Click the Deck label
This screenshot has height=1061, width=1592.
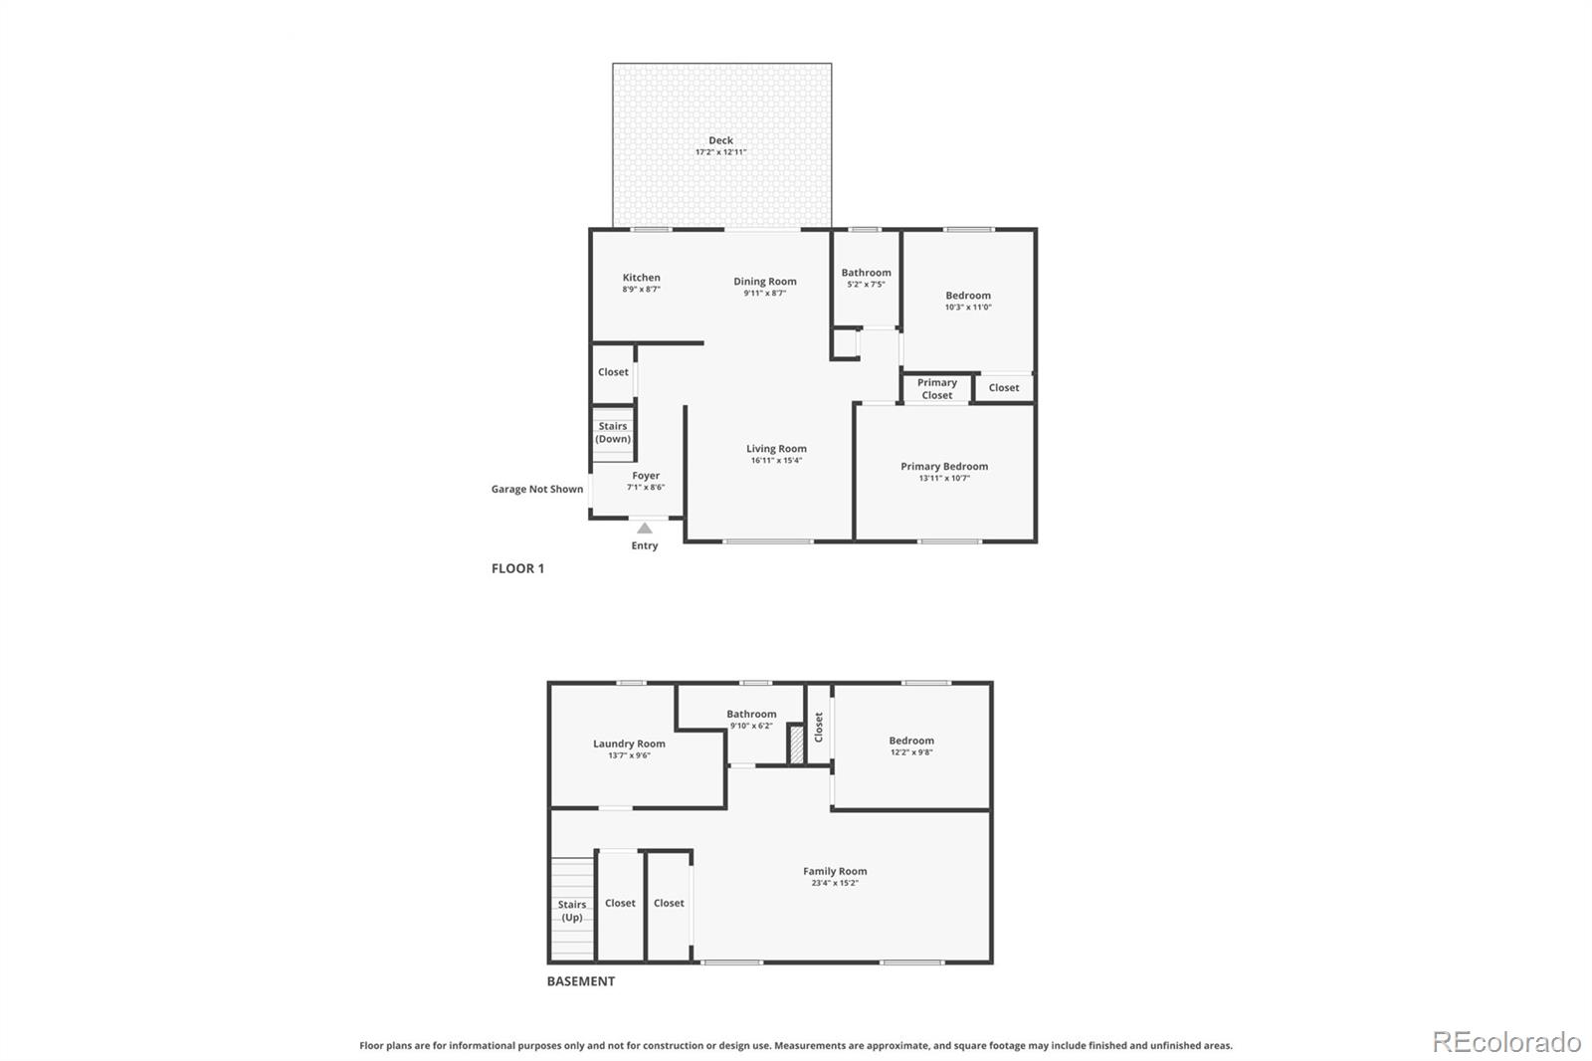pyautogui.click(x=720, y=140)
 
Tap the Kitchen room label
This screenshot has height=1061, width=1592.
pyautogui.click(x=641, y=278)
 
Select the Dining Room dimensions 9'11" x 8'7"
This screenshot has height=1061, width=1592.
pyautogui.click(x=764, y=294)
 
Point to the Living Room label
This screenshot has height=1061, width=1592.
pyautogui.click(x=776, y=449)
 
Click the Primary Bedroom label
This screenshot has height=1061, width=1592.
pyautogui.click(x=944, y=466)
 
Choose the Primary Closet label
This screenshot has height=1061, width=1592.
pyautogui.click(x=937, y=389)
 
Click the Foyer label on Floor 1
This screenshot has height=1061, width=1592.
pyautogui.click(x=646, y=476)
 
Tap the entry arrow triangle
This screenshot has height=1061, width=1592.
pyautogui.click(x=645, y=529)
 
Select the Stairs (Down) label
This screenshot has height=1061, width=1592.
pyautogui.click(x=613, y=433)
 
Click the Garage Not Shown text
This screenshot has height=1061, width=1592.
pyautogui.click(x=537, y=489)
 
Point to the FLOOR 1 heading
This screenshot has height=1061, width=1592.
pyautogui.click(x=517, y=568)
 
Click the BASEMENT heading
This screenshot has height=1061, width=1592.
pyautogui.click(x=581, y=981)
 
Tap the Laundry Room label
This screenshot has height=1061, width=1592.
pyautogui.click(x=629, y=743)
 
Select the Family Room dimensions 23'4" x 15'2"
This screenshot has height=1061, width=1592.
pyautogui.click(x=835, y=883)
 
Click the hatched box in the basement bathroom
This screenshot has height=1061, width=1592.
pyautogui.click(x=796, y=744)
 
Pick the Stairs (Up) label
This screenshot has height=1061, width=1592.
pyautogui.click(x=572, y=911)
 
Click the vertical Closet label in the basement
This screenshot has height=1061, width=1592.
pyautogui.click(x=819, y=727)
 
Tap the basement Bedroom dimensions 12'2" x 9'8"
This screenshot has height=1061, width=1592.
pyautogui.click(x=911, y=752)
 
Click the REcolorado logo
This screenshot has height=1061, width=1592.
pyautogui.click(x=1506, y=1041)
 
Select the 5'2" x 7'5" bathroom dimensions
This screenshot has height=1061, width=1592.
pyautogui.click(x=866, y=285)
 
